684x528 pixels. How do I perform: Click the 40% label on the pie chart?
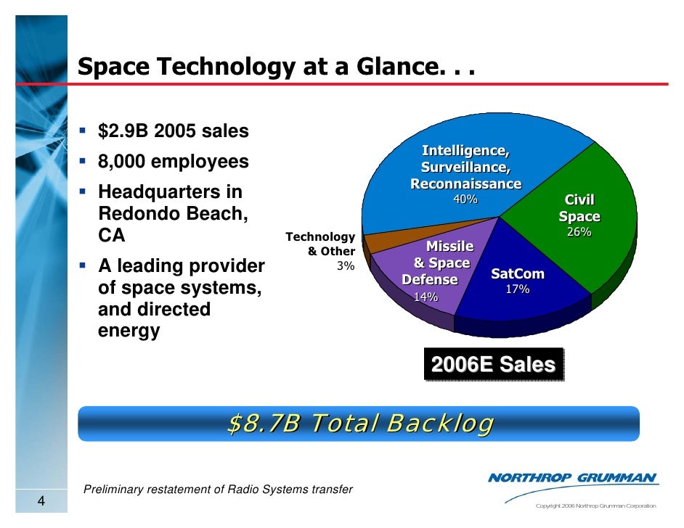point(465,199)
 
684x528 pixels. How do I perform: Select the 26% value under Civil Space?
point(579,232)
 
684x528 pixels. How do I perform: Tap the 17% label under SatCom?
point(517,289)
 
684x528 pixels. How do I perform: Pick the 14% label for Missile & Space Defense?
point(426,297)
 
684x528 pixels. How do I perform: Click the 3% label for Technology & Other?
point(346,266)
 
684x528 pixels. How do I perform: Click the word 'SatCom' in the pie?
point(517,274)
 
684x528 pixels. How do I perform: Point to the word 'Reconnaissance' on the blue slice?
point(465,184)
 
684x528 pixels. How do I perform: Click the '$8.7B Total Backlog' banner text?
point(359,423)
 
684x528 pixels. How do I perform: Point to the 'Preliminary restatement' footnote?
point(219,490)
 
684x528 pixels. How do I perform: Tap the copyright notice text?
point(595,506)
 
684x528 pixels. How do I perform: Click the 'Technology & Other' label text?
point(321,244)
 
